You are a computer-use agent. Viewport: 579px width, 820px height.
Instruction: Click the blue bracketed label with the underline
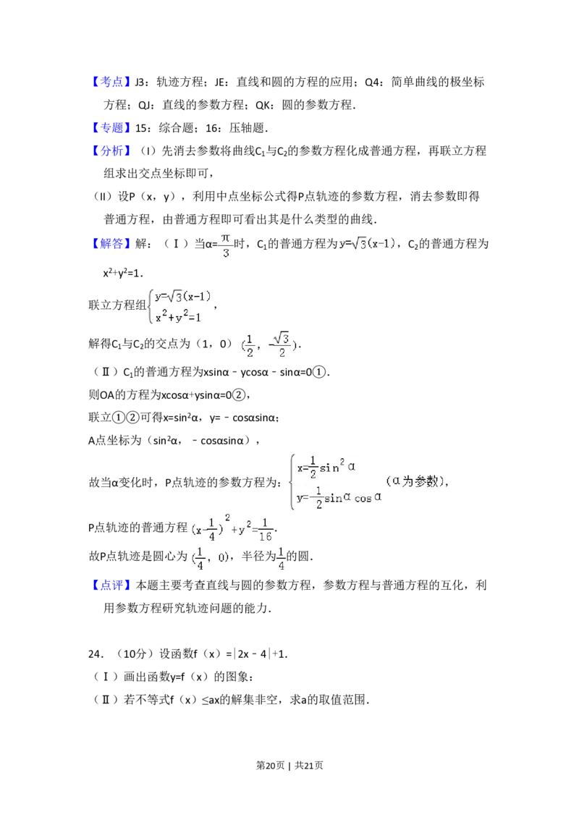(x=112, y=83)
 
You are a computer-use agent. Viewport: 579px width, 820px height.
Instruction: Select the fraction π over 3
(x=226, y=245)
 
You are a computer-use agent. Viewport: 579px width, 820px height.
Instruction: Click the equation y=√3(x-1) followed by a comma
(x=368, y=244)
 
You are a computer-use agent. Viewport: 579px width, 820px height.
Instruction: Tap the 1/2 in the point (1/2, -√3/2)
(x=250, y=345)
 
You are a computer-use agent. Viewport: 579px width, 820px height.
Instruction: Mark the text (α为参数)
(x=413, y=481)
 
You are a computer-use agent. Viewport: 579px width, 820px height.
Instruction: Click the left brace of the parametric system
(x=290, y=483)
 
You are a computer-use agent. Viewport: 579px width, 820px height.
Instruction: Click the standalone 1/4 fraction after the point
(x=280, y=558)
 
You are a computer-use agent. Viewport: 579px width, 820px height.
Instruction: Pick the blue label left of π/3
(x=112, y=244)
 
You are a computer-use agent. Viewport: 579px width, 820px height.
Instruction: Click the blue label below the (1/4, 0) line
(x=112, y=585)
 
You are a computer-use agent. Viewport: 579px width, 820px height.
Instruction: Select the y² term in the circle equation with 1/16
(x=244, y=529)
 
